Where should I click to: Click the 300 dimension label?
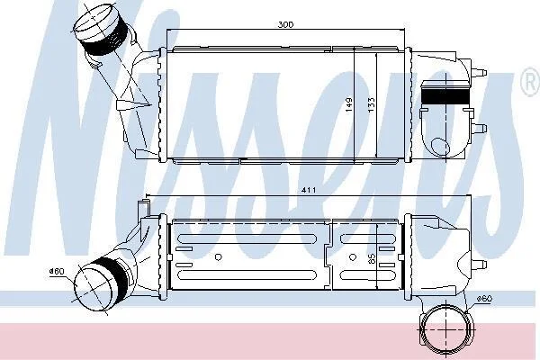[285, 24]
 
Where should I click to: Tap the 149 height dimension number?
[349, 104]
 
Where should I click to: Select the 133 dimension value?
[371, 104]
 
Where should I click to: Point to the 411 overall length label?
[308, 190]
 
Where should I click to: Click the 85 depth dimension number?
[372, 259]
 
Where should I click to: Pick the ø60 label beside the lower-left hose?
[57, 272]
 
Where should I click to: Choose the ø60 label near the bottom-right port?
[484, 298]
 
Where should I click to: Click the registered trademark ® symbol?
[530, 83]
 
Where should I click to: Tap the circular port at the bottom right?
[445, 329]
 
